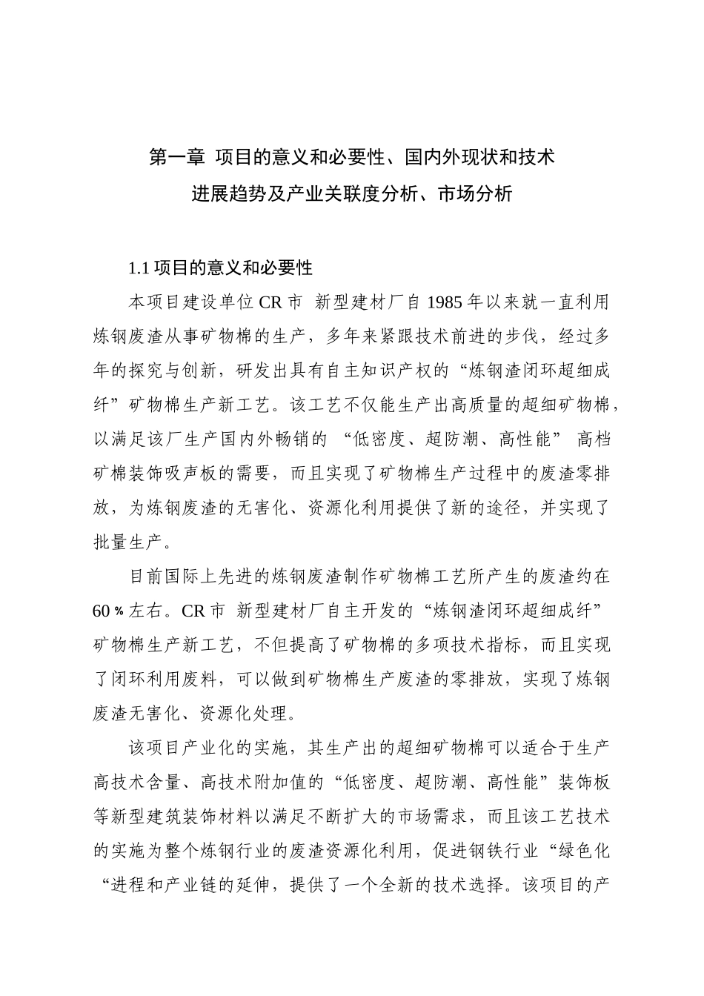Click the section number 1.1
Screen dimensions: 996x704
tap(140, 268)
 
